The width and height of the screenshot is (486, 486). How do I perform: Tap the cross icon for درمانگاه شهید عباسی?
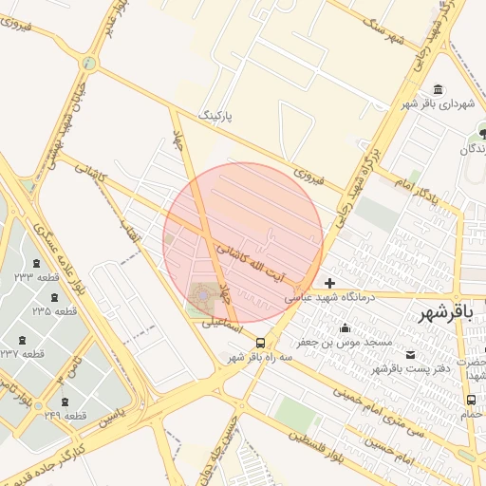[329, 283]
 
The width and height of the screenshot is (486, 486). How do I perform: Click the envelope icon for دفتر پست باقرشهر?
[409, 355]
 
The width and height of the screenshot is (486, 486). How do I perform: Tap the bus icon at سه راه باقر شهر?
[261, 344]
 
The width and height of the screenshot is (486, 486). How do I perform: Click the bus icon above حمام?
[472, 401]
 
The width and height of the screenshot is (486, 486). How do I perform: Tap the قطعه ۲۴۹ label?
[65, 416]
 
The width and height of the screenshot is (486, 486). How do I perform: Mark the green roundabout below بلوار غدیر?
[90, 64]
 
